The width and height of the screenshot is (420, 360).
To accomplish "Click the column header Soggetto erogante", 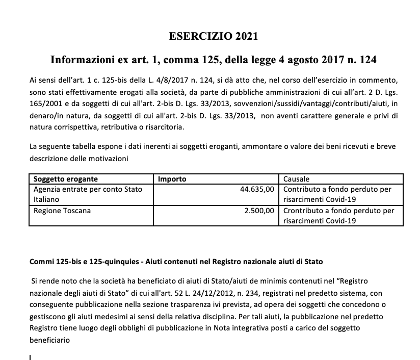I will tap(65, 179).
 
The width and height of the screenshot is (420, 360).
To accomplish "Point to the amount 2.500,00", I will tap(259, 210).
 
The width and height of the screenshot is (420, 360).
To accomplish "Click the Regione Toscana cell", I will tap(62, 210).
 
